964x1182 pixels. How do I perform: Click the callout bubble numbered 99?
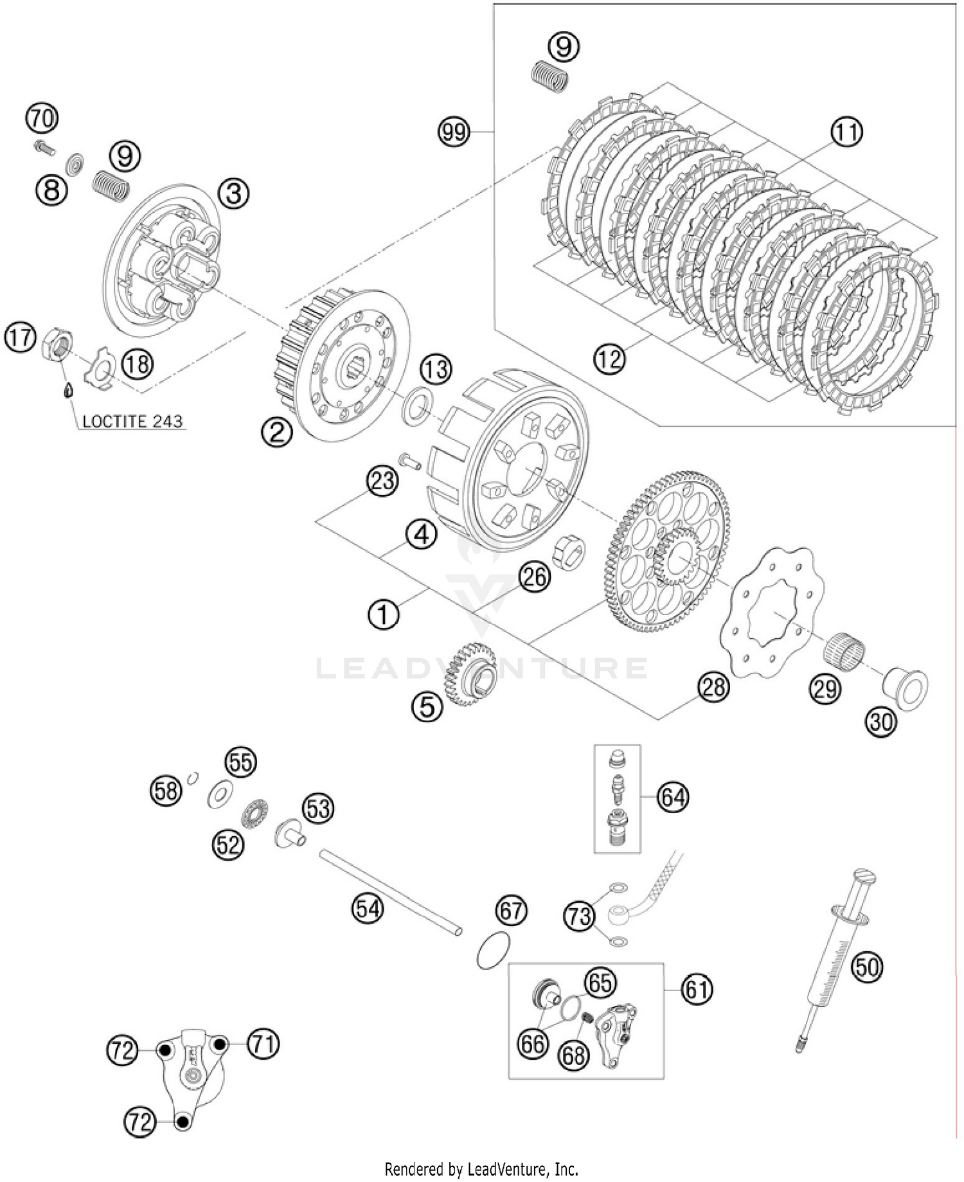tap(454, 132)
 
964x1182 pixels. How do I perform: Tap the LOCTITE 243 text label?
tap(132, 422)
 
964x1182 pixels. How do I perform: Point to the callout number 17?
tap(20, 337)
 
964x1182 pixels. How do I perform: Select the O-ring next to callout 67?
tap(494, 949)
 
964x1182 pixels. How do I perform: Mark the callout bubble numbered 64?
tap(672, 798)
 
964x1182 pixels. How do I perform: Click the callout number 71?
tap(263, 1044)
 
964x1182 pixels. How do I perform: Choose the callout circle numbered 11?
tap(846, 132)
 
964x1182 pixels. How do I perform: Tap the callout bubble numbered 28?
tap(713, 687)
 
